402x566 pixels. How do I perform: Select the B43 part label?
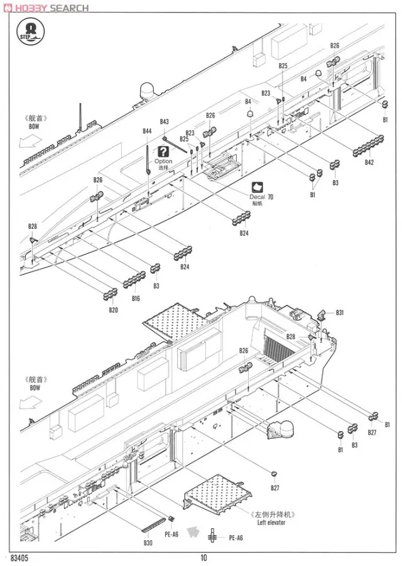click(164, 121)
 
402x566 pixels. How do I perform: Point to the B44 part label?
click(147, 131)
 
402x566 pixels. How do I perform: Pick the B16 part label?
click(136, 298)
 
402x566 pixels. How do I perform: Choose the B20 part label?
click(113, 310)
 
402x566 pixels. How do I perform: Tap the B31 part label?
click(340, 312)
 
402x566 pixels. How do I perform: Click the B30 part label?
click(148, 543)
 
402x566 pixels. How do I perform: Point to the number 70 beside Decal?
click(271, 197)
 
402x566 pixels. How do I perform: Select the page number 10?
click(204, 557)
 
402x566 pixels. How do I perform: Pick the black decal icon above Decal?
click(257, 187)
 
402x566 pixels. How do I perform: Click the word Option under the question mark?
click(163, 161)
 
